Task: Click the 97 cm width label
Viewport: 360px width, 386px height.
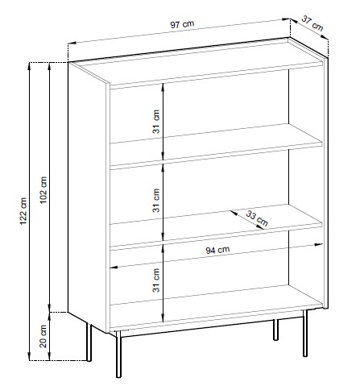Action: (182, 24)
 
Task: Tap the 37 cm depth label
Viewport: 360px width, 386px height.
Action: (312, 23)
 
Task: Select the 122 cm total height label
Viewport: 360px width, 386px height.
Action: (23, 211)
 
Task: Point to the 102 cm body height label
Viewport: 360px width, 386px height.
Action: (43, 189)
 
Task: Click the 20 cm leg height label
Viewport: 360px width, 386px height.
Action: (43, 336)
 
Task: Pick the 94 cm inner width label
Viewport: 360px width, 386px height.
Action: (217, 250)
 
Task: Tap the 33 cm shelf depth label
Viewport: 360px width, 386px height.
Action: (257, 218)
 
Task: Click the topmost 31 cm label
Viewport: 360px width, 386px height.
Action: (156, 122)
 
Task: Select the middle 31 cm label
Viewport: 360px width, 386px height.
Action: (156, 201)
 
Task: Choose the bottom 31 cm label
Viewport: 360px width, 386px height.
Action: (156, 280)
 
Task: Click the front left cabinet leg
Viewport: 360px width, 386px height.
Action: (118, 354)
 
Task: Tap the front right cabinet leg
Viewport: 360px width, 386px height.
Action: (305, 333)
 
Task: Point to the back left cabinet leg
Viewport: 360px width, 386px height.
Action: (89, 342)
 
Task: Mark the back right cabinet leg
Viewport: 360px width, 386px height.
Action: (275, 330)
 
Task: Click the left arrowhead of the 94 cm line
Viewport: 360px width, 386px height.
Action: (114, 268)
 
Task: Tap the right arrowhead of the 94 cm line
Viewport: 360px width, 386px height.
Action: (319, 245)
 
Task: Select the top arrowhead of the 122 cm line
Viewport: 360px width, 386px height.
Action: (30, 67)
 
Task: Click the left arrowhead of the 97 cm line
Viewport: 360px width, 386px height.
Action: (72, 43)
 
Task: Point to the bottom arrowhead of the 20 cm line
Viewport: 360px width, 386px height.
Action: (49, 356)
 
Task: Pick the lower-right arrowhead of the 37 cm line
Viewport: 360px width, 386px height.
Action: (325, 38)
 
